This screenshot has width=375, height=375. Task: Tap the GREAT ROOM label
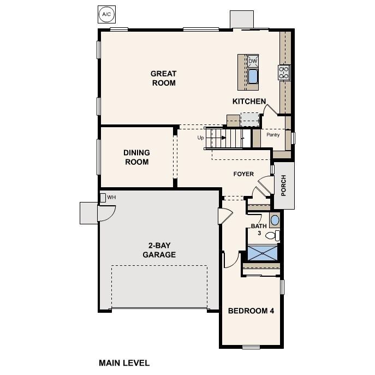coord(163,78)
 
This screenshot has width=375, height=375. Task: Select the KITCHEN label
coord(249,101)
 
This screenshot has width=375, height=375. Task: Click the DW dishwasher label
coord(252,61)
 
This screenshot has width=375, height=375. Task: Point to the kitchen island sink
coord(253,76)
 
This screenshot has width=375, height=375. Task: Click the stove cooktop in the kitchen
coord(284,73)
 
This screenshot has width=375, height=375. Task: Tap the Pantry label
coord(273,134)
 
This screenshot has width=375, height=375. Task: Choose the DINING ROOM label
coord(136,157)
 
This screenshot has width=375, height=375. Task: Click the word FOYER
coord(243,174)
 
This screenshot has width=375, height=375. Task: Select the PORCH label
coord(283,185)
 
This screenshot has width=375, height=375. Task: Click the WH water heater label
coord(111,197)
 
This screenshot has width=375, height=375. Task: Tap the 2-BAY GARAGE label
coord(159,249)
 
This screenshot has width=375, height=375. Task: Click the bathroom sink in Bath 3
coord(275,221)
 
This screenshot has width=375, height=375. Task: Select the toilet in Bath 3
coord(276,236)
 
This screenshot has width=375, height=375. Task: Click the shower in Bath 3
coord(263,253)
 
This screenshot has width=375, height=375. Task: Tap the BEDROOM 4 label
coord(251,311)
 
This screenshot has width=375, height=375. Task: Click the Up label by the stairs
coord(200,138)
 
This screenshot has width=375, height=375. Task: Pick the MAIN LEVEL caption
coord(124,362)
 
